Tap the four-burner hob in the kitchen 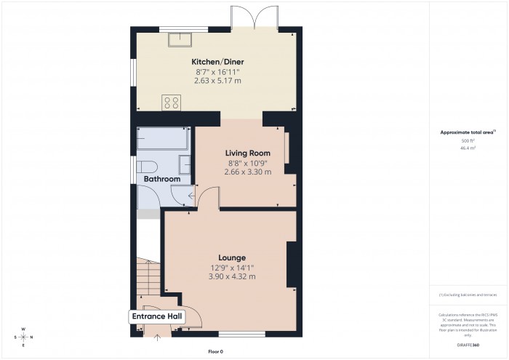point(172,103)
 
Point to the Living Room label point(247,153)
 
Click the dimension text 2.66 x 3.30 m point(247,172)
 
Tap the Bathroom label point(161,179)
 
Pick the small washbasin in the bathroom point(185,164)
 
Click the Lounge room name point(232,257)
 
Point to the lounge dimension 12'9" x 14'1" point(232,268)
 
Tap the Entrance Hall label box point(156,317)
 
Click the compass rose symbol point(24,337)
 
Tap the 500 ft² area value point(468,140)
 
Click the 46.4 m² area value point(468,148)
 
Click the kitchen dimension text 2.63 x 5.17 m point(217,81)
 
